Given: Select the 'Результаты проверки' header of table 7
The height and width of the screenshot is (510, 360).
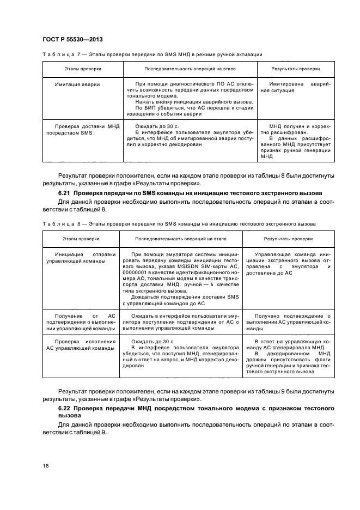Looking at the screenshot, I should [296, 69].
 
